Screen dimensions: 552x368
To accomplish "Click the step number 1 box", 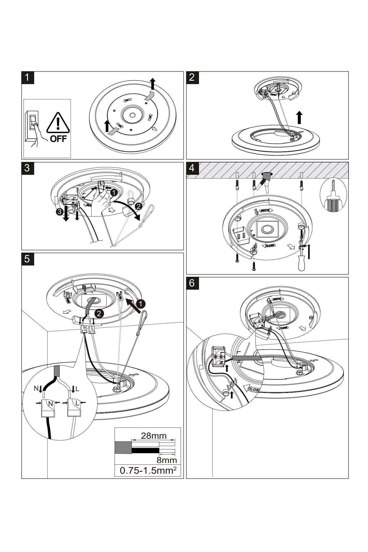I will click(x=28, y=78).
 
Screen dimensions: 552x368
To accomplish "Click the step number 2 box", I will click(x=192, y=78).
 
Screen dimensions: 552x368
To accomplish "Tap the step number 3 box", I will click(x=28, y=168).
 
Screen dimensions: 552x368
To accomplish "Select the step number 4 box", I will click(x=192, y=168).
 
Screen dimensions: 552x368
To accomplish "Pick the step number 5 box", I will click(x=28, y=259).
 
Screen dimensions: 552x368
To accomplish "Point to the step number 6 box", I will click(x=192, y=283).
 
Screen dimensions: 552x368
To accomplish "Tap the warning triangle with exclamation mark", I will click(x=58, y=123).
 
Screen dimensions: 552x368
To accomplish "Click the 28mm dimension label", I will click(x=154, y=436).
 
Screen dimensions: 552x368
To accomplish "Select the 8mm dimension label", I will click(x=167, y=460).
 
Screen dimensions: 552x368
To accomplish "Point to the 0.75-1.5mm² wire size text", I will click(x=147, y=470).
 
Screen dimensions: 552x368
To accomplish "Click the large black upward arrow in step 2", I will click(x=299, y=117).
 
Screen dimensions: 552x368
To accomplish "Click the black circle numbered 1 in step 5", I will click(x=141, y=304).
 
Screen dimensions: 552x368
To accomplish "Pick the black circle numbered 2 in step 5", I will click(x=99, y=313).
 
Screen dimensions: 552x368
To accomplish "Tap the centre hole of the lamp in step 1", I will click(x=132, y=115).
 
